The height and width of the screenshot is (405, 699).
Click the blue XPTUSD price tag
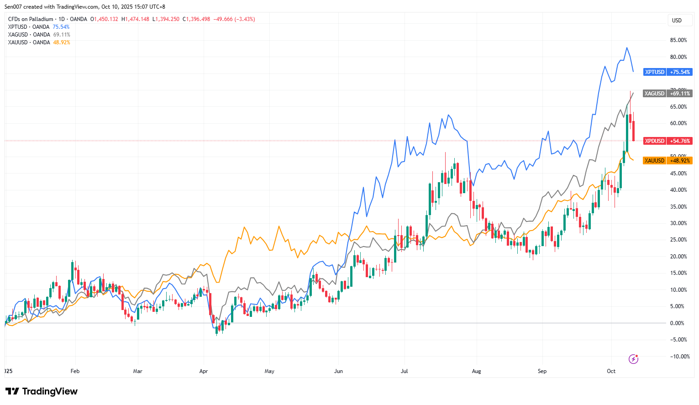pos(667,72)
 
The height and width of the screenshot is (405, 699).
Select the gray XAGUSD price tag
pos(667,94)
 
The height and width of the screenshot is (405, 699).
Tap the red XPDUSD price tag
pos(667,141)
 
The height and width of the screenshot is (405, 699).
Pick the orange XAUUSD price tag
pos(667,161)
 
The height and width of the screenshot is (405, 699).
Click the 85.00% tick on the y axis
pos(678,40)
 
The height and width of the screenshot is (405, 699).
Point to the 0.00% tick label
pos(677,323)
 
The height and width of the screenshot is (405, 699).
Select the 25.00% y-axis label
pos(678,240)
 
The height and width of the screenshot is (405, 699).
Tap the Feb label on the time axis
pos(75,371)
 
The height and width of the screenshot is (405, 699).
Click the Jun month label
pos(338,371)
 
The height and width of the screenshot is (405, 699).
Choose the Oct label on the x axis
pos(611,371)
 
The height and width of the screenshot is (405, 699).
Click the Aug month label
pos(476,371)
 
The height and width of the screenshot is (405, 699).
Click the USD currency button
pos(677,21)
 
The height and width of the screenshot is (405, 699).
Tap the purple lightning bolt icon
pos(633,359)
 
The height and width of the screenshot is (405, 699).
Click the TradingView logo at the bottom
pos(42,391)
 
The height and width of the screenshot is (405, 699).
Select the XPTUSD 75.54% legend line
pos(39,27)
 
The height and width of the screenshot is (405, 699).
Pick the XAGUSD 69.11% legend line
pos(39,35)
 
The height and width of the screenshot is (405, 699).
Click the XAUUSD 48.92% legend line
pos(39,42)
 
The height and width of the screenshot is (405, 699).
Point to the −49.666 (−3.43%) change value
pos(234,19)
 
